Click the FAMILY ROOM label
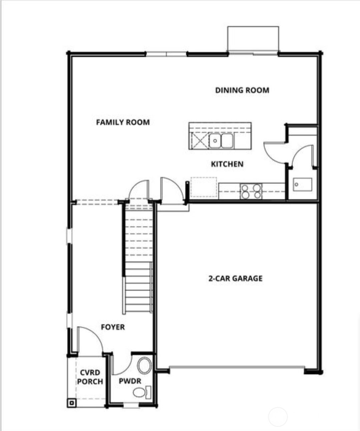(123, 122)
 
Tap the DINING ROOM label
(242, 90)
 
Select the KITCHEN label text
(227, 164)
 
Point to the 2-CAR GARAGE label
(235, 278)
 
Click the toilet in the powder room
(142, 392)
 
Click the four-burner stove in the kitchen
(251, 191)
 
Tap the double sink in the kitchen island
(221, 141)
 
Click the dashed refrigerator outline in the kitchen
(203, 187)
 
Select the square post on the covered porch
(72, 403)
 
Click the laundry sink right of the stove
(302, 184)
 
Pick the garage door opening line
(237, 367)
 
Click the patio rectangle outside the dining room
(253, 39)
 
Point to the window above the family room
(166, 54)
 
